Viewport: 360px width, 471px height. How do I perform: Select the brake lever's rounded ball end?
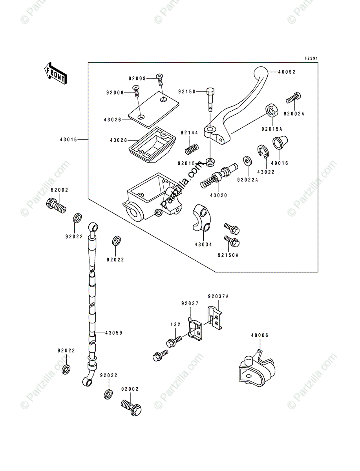tap(260, 73)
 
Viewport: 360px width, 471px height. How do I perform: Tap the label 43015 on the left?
tap(68, 139)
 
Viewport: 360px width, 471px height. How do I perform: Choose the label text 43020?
tap(218, 195)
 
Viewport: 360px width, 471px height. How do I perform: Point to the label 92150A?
tap(228, 255)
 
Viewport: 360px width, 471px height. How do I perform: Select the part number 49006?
tap(260, 336)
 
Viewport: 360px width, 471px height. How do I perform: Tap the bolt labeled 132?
tap(174, 341)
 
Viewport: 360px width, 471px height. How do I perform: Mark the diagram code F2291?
tap(311, 58)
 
